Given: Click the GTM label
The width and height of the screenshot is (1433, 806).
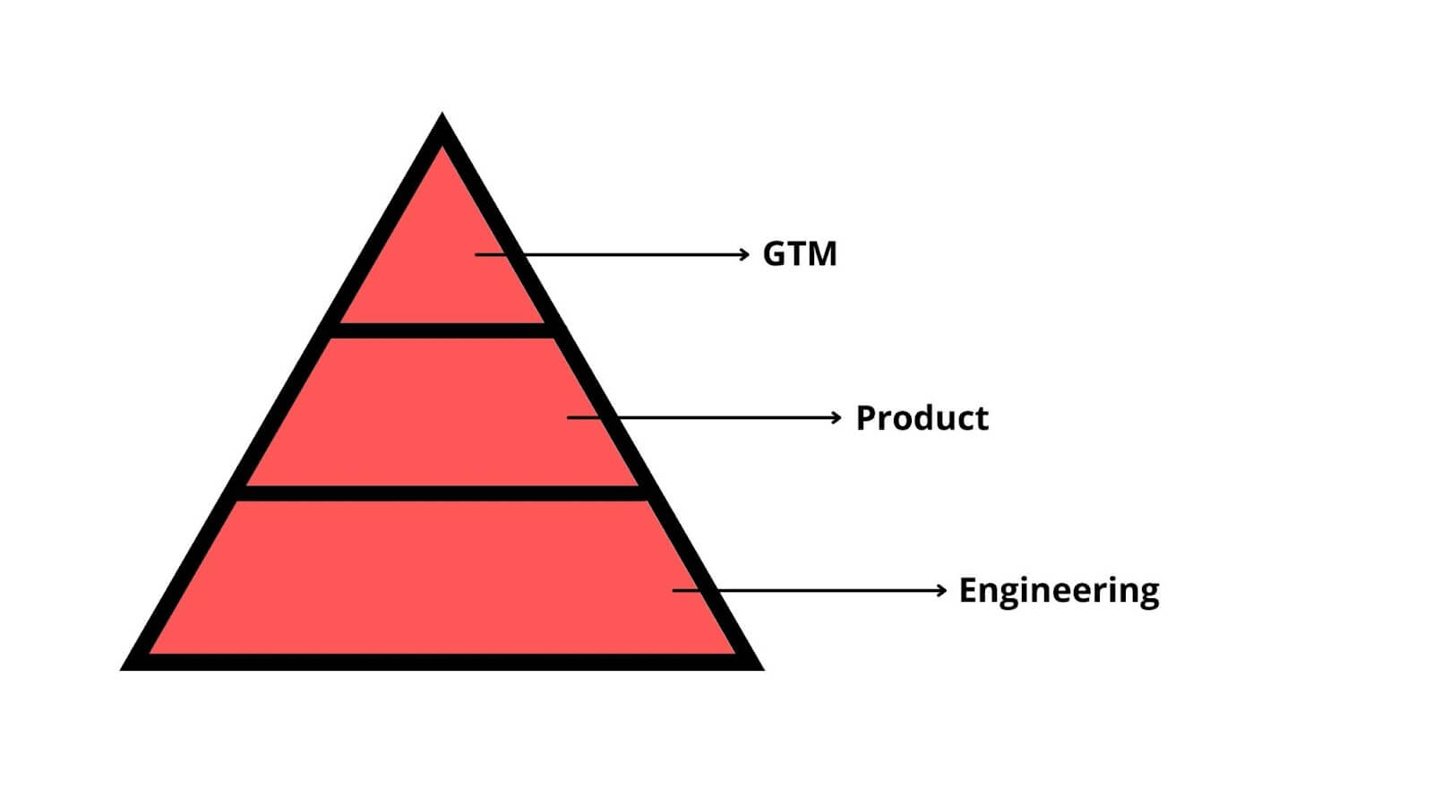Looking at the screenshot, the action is [800, 254].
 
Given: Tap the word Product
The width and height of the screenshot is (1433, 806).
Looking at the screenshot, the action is [922, 418].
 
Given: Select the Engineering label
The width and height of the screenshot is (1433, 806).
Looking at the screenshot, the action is [1059, 591].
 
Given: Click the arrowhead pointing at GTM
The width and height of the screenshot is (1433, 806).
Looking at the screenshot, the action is [744, 254].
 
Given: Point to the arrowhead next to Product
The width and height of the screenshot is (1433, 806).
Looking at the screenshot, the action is [837, 417].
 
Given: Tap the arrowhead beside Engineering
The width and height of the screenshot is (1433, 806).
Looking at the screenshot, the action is [941, 590].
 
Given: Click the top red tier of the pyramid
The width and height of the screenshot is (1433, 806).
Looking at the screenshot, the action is [442, 256].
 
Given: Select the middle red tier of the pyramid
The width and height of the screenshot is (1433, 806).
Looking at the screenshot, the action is [442, 412].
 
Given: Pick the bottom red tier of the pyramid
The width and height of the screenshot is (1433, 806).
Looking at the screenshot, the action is [442, 578].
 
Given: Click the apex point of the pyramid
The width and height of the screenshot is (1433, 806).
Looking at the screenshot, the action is [442, 113].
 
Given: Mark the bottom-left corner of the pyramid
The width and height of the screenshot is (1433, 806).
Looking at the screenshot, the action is [121, 670].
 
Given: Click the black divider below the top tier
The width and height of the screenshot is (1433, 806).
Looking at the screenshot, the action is [442, 330].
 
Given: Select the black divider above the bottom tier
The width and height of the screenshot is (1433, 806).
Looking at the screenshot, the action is [442, 493].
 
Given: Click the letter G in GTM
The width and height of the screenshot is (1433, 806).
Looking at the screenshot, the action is [775, 254].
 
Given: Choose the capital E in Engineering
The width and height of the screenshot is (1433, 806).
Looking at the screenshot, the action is [967, 590].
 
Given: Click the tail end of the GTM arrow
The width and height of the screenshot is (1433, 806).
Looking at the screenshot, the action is [476, 254].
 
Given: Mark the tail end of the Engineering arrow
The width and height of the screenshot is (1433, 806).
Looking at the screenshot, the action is [673, 590].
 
